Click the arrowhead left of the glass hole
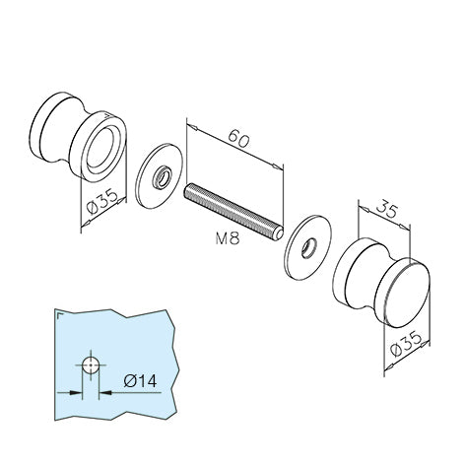76,391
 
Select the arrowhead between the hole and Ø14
104,391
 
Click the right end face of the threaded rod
283,233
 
